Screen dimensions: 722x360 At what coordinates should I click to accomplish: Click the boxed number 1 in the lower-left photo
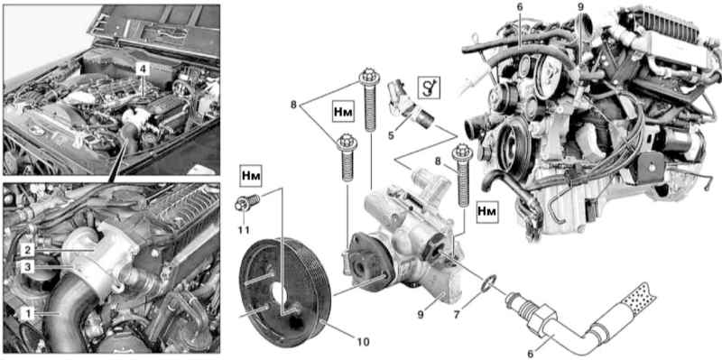28,314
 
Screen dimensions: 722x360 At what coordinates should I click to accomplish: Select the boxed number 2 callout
28,250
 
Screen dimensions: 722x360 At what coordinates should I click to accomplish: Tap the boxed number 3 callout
28,267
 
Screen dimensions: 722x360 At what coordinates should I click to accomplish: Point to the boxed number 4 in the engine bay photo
143,69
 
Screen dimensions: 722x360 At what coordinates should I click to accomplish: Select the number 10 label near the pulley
364,342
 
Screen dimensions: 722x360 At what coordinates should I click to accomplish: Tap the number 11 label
245,229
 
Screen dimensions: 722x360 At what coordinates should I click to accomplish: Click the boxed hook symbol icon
429,87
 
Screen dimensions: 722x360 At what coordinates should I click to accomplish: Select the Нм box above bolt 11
250,177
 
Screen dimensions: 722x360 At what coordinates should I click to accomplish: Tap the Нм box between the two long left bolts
342,112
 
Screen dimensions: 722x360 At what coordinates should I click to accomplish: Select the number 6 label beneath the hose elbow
530,354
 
